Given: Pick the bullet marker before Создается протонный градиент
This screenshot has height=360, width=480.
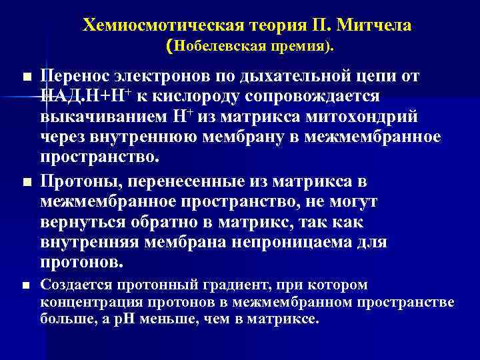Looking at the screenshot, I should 26,287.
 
